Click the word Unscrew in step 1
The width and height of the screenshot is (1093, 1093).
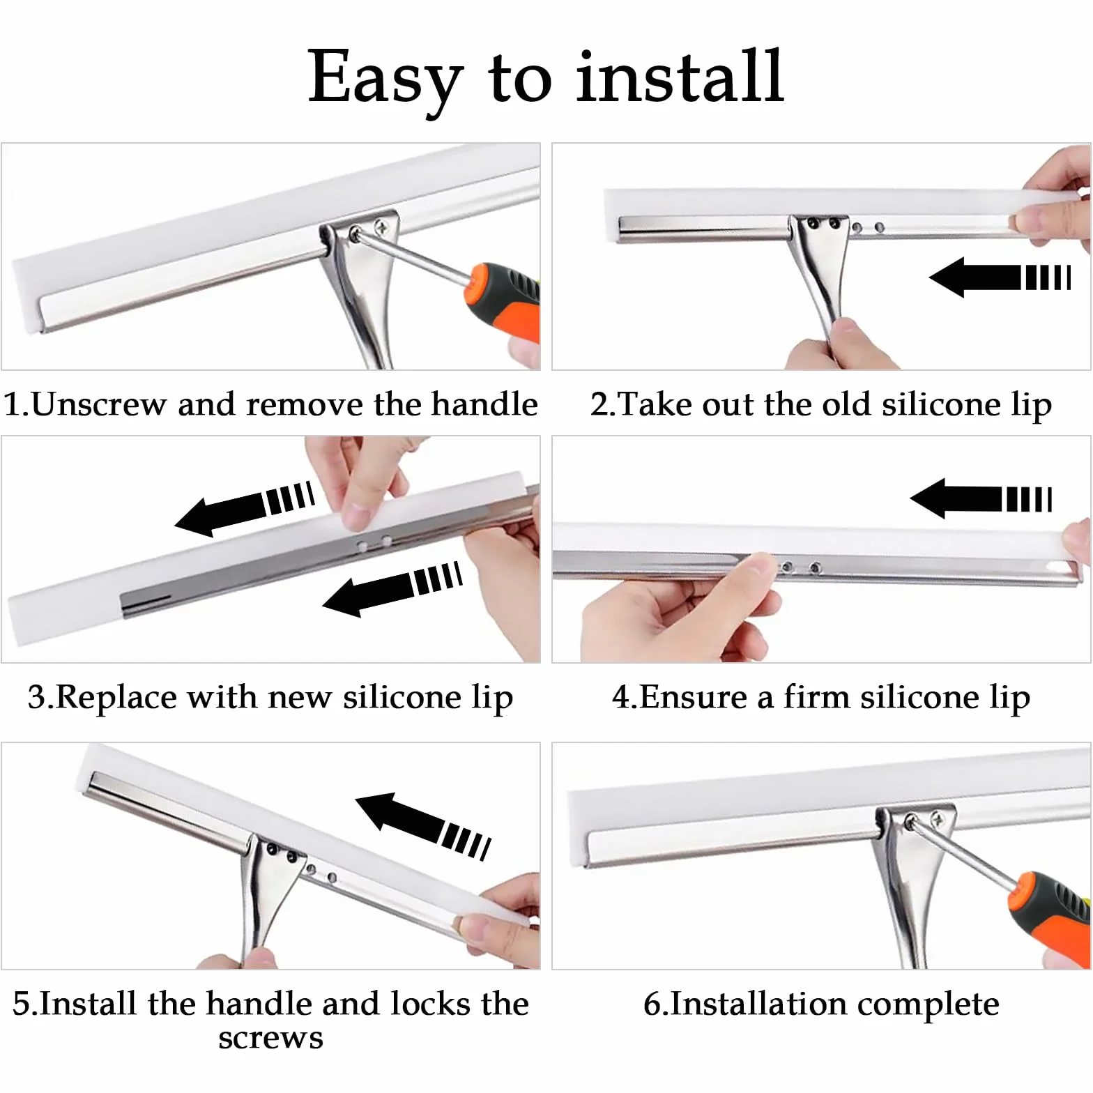point(98,404)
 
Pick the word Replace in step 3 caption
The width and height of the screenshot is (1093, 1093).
point(116,697)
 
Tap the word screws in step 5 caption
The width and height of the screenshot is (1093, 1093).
point(270,1038)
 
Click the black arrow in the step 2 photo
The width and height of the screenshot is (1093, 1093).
point(1000,277)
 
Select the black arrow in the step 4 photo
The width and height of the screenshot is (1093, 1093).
point(981,498)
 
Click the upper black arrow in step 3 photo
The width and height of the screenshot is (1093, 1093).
point(245,508)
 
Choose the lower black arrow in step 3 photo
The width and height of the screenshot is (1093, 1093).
point(392,588)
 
